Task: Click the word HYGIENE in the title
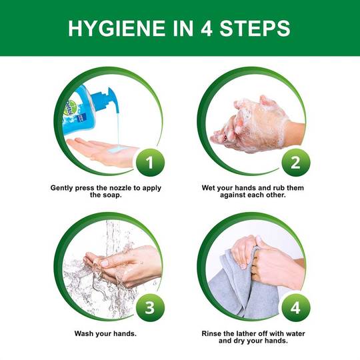pyautogui.click(x=117, y=29)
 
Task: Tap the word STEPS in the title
pyautogui.click(x=255, y=29)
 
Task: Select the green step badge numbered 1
pyautogui.click(x=150, y=163)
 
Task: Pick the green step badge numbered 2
pyautogui.click(x=296, y=163)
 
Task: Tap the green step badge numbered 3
pyautogui.click(x=150, y=307)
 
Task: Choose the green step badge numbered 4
pyautogui.click(x=296, y=307)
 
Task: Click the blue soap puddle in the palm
pyautogui.click(x=117, y=149)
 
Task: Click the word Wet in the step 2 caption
pyautogui.click(x=208, y=188)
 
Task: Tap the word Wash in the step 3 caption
pyautogui.click(x=84, y=333)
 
